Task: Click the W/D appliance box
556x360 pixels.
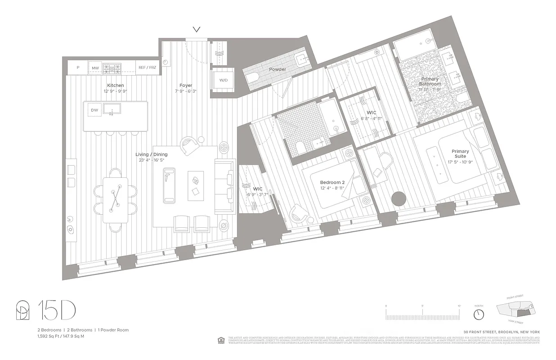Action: point(223,81)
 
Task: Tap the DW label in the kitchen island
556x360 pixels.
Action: point(94,110)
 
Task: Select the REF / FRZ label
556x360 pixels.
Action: point(148,68)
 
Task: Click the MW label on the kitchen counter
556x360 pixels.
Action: point(95,68)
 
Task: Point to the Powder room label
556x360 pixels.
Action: point(278,69)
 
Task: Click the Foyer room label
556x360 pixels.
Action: point(186,85)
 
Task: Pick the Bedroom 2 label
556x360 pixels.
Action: point(332,182)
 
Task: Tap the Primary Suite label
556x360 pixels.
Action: point(460,154)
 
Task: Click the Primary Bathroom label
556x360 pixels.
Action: point(430,81)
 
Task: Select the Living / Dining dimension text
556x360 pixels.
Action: point(151,160)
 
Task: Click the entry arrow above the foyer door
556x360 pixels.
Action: point(197,30)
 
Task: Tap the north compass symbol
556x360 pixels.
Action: point(479,312)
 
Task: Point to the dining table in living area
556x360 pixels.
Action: point(115,199)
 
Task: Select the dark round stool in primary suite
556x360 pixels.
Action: point(399,199)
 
